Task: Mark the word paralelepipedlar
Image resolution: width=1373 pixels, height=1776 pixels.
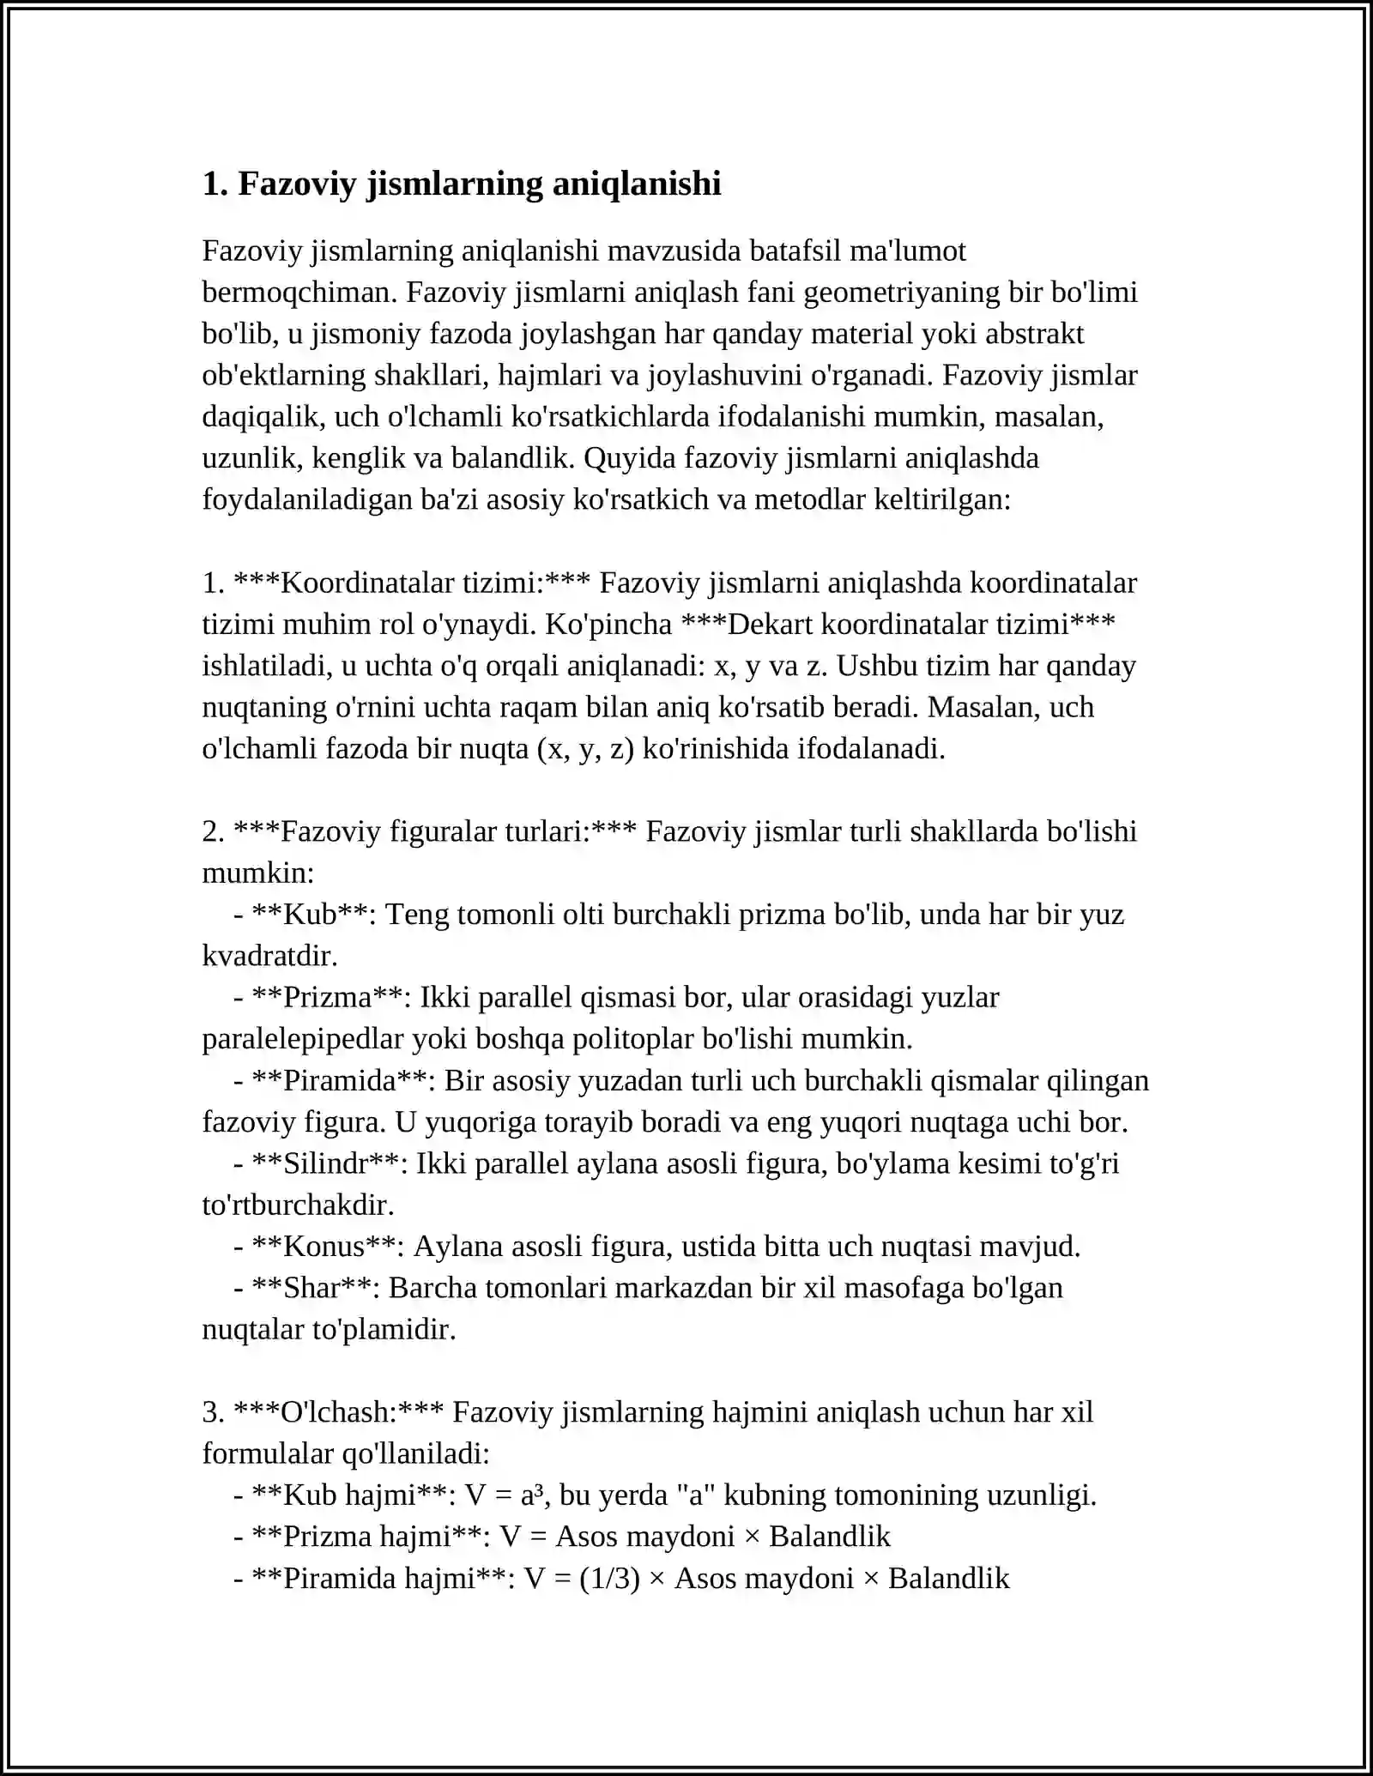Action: [x=303, y=1039]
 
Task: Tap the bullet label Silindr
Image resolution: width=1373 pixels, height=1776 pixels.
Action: [x=325, y=1163]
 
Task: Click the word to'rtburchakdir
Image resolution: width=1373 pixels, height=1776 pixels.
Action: [x=298, y=1205]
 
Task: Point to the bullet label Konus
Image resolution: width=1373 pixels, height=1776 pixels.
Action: [x=324, y=1247]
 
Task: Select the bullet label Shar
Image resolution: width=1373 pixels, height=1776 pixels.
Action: [x=311, y=1288]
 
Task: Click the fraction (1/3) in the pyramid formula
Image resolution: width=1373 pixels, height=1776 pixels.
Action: [x=609, y=1579]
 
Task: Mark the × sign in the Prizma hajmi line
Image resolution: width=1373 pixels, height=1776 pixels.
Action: [x=752, y=1537]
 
